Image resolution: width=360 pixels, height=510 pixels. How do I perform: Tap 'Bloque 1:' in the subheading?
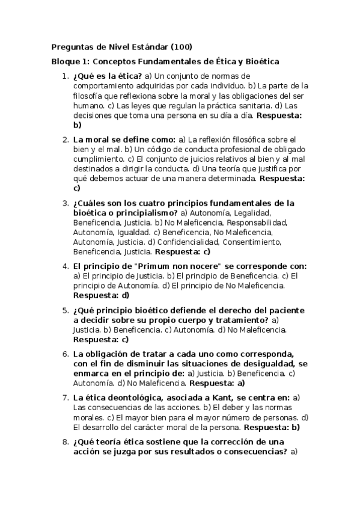click(x=71, y=61)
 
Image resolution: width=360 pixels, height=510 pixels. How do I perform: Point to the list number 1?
click(x=65, y=76)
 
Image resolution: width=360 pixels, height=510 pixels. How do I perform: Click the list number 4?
click(x=65, y=266)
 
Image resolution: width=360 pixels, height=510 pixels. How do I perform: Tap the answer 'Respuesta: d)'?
click(x=101, y=295)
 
